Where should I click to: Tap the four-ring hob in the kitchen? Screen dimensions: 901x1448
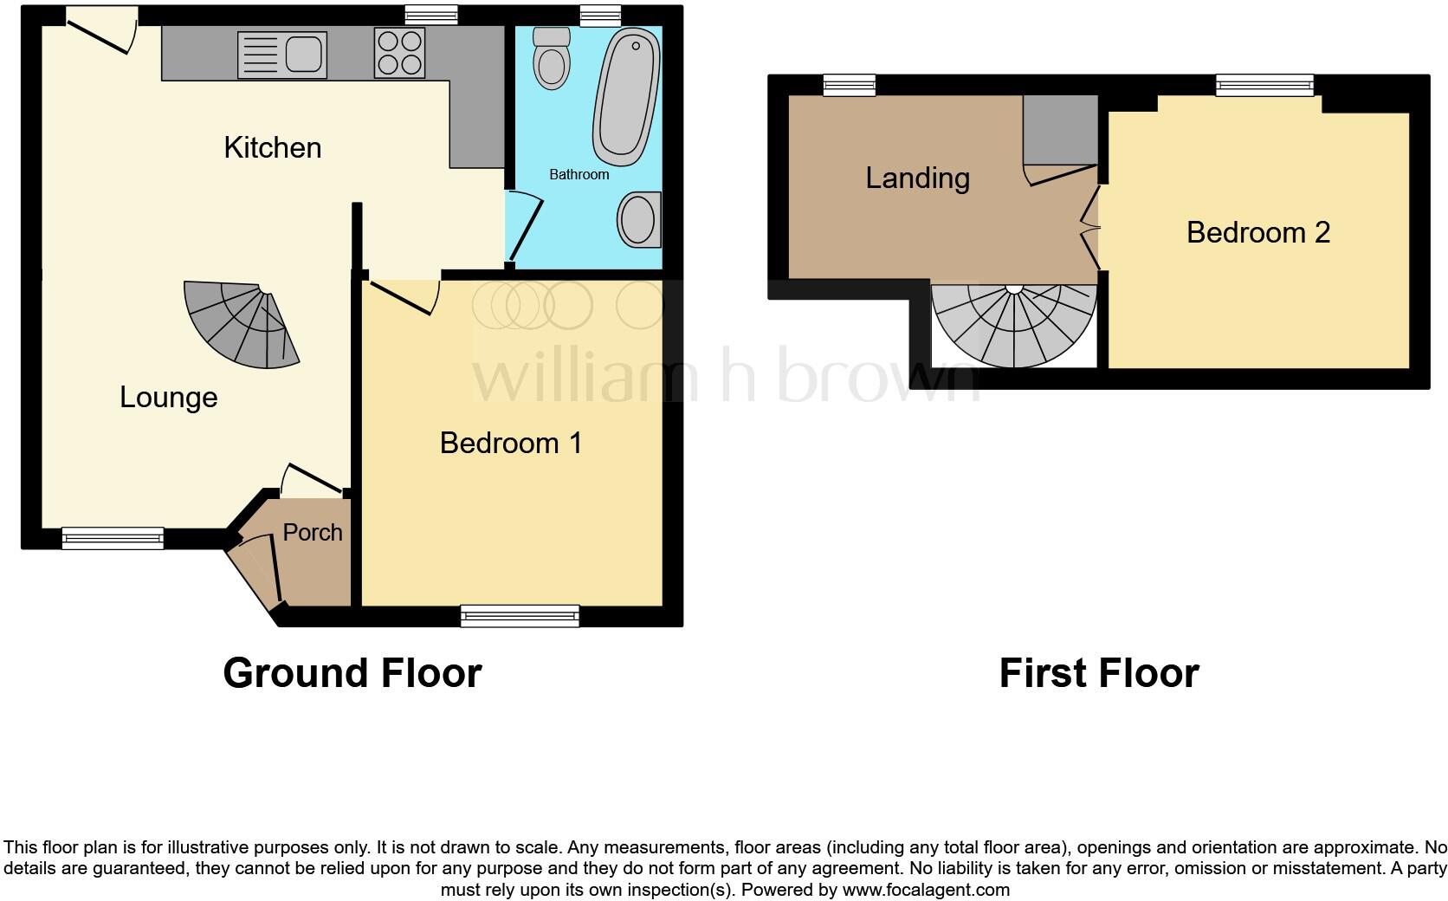(x=400, y=53)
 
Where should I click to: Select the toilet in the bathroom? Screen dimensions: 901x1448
(x=551, y=58)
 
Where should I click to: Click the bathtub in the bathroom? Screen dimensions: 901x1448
(x=626, y=95)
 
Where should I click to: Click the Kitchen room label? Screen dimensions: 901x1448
(x=272, y=148)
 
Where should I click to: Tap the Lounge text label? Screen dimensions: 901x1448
(x=168, y=398)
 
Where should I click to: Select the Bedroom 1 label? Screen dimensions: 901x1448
(x=510, y=444)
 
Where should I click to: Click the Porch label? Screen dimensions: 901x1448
(x=313, y=533)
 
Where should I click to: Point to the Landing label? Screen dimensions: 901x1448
(x=917, y=178)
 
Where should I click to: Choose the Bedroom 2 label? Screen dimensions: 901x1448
(x=1257, y=233)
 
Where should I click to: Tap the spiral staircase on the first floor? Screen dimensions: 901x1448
(x=1013, y=326)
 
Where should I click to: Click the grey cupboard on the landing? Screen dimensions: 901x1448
(x=1060, y=129)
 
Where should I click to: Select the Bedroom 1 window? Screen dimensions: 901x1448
(x=520, y=616)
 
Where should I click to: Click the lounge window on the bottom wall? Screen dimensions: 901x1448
(x=113, y=538)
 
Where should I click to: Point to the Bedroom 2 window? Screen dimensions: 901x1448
(x=1264, y=85)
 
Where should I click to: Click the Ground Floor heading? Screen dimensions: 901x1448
(x=352, y=673)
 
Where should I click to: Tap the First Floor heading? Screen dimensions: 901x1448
(x=1098, y=673)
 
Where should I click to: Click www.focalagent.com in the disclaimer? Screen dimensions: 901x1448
(x=925, y=890)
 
